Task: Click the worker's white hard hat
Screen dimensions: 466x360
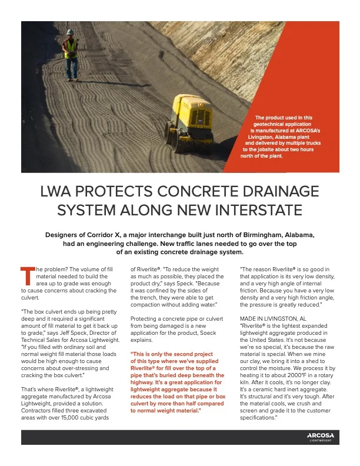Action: pyautogui.click(x=70, y=32)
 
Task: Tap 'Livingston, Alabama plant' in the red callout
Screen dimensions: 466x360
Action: pyautogui.click(x=281, y=137)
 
